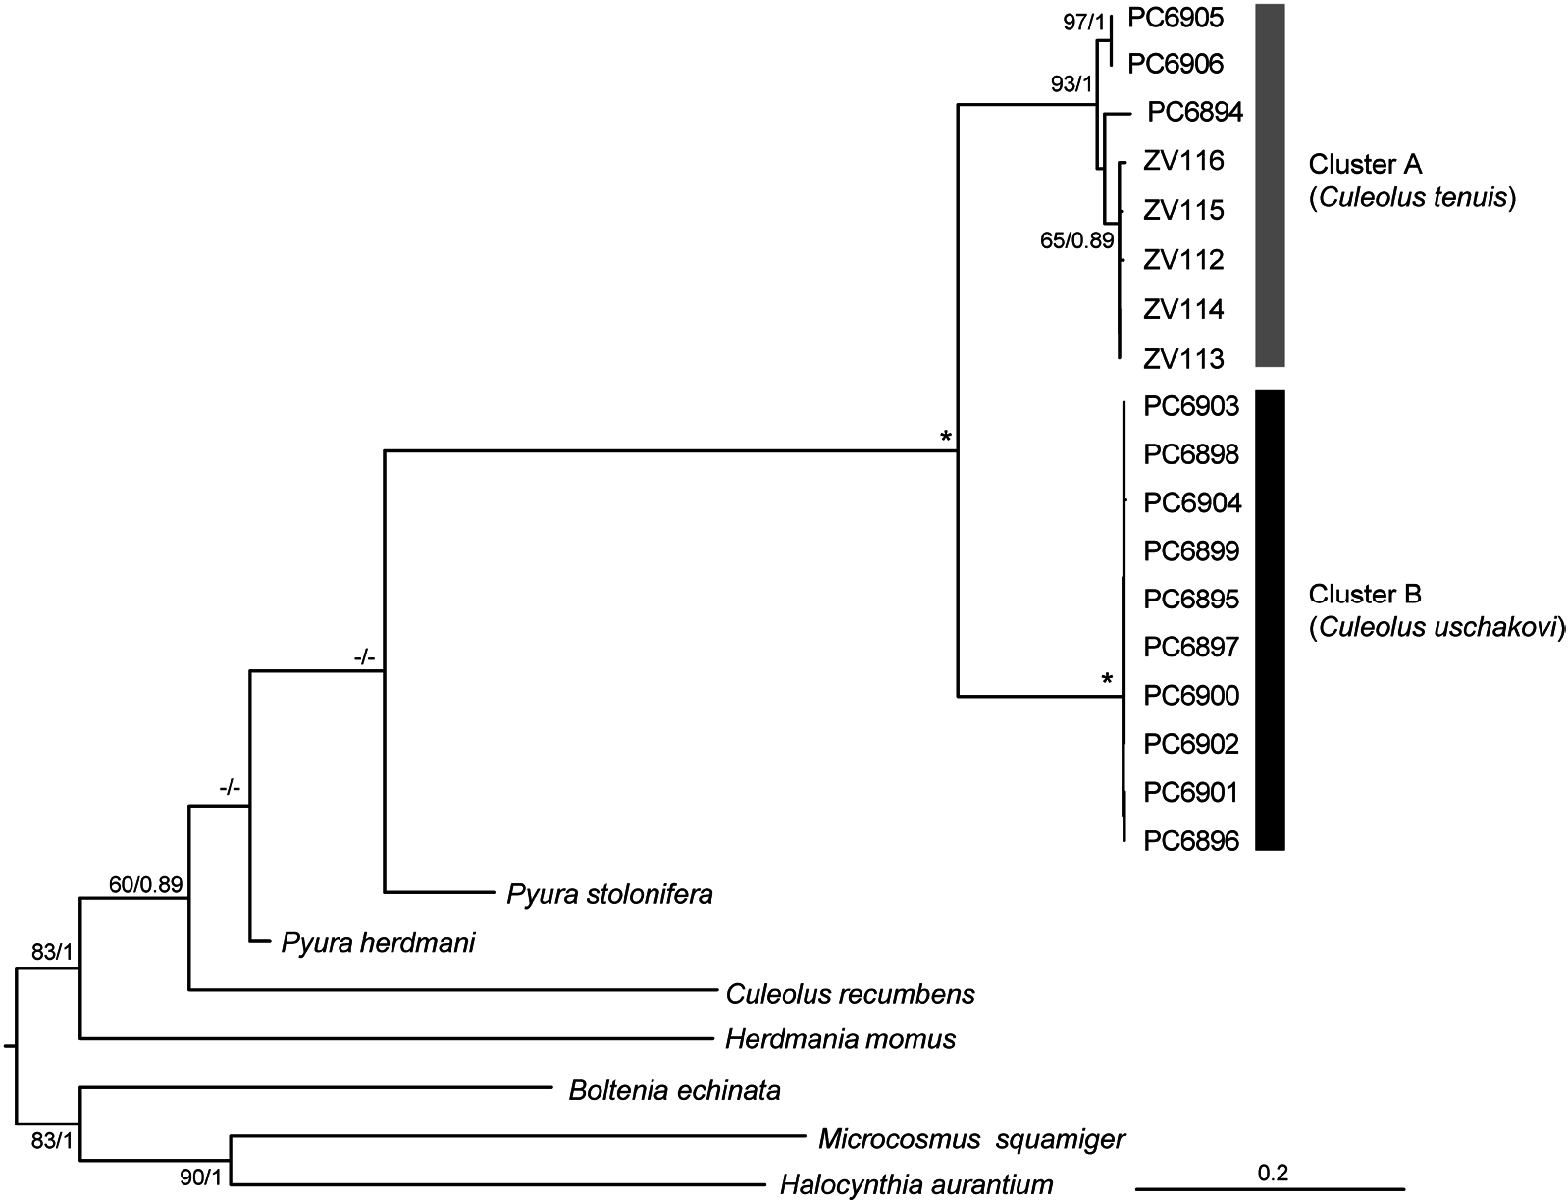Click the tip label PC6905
[1175, 17]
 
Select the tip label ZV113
[1183, 360]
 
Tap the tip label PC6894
[1195, 113]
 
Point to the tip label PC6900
[1192, 696]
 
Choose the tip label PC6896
[1192, 841]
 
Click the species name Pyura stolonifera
[609, 895]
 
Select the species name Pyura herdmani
[378, 944]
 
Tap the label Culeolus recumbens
[851, 994]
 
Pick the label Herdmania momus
[840, 1039]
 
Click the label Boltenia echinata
[674, 1090]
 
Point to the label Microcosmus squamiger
[971, 1139]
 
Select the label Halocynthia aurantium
[916, 1185]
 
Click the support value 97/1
[1084, 23]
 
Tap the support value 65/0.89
[1076, 240]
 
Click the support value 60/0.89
[145, 885]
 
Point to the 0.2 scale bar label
[1273, 1172]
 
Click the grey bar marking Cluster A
[1270, 184]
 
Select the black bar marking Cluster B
[1270, 619]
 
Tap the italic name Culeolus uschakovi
[1437, 628]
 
